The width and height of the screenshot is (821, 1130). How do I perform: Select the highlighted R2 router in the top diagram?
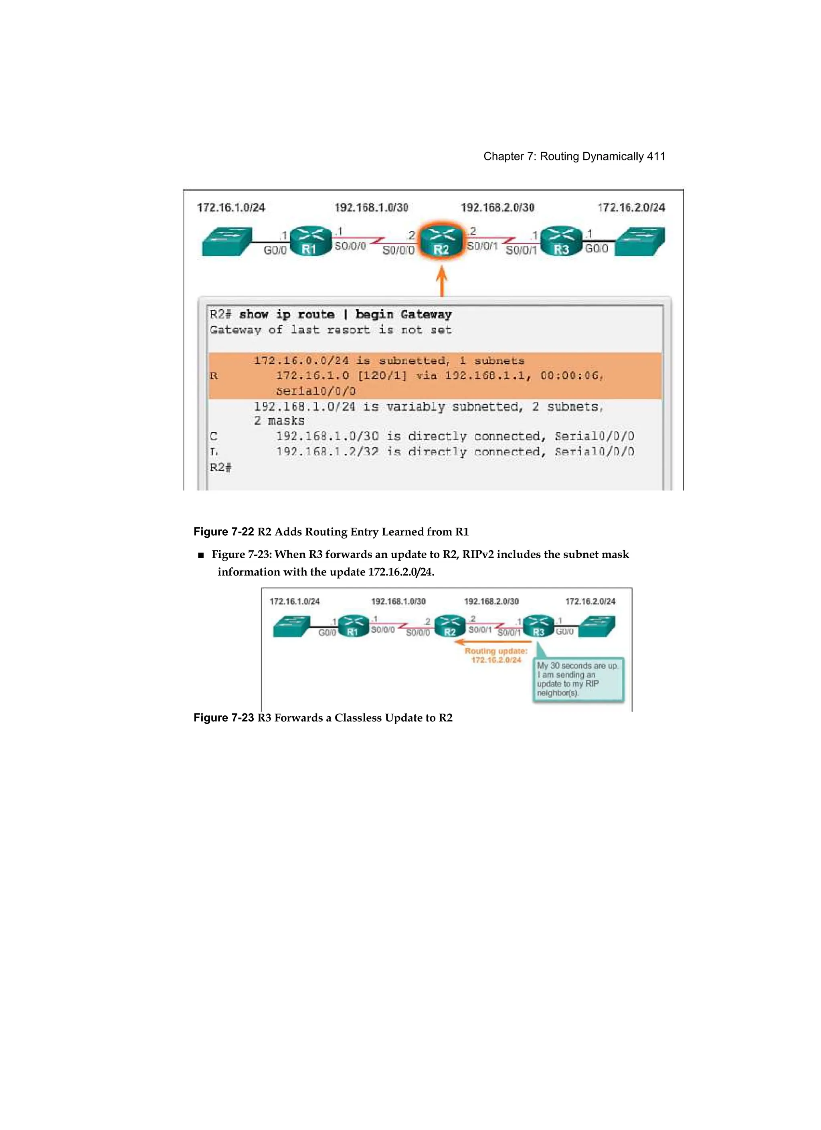pos(441,242)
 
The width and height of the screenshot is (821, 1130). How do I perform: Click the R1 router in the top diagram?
pos(310,242)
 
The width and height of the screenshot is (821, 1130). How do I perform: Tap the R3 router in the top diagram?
pos(562,242)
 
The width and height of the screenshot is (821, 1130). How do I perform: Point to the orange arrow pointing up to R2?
pos(441,281)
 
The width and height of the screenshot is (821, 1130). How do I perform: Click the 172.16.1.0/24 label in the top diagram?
pos(231,207)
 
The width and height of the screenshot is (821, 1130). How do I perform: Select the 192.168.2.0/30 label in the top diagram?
pos(497,207)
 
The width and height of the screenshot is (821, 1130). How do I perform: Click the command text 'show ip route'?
pos(287,314)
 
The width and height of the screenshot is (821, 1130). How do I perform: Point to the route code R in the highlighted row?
pos(214,376)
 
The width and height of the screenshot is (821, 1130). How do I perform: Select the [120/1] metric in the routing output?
pos(382,376)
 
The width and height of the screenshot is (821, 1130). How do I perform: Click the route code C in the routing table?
pos(214,436)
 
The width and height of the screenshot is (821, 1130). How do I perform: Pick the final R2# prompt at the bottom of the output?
pos(220,467)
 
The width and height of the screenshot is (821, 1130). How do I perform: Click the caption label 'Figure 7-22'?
pos(224,532)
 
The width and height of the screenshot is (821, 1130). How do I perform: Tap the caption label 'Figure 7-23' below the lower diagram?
pos(224,717)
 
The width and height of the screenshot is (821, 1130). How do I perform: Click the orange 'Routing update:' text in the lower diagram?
pos(496,651)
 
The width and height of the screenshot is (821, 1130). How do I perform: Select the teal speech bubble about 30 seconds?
pos(578,679)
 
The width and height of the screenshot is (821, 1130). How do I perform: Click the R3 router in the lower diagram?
pos(538,627)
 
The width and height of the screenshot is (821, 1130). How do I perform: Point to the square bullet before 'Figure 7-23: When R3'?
pos(201,555)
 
